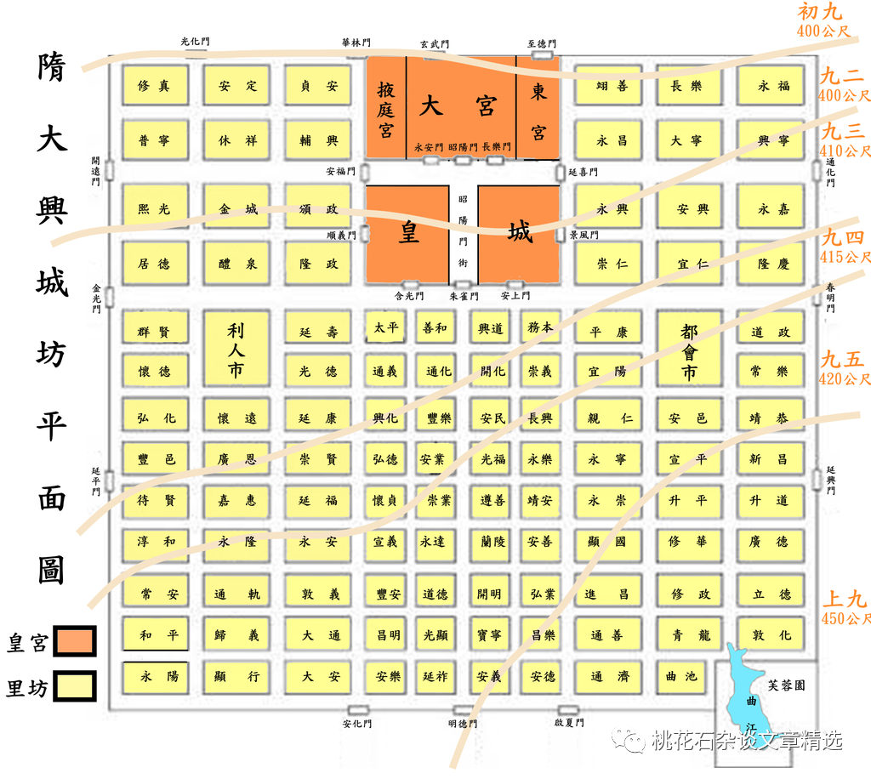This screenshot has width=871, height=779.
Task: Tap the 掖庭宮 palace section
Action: [386, 108]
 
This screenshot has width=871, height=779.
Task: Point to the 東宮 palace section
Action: [538, 108]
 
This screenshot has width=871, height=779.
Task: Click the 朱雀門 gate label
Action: [464, 297]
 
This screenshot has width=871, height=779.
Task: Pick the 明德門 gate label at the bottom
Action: [464, 724]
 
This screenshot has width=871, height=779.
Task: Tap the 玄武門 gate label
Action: [435, 44]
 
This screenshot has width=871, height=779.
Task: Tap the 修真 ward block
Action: [154, 86]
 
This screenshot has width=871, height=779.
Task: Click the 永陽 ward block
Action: [159, 677]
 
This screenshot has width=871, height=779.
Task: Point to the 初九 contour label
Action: [820, 12]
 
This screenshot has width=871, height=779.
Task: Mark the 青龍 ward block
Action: [689, 635]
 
